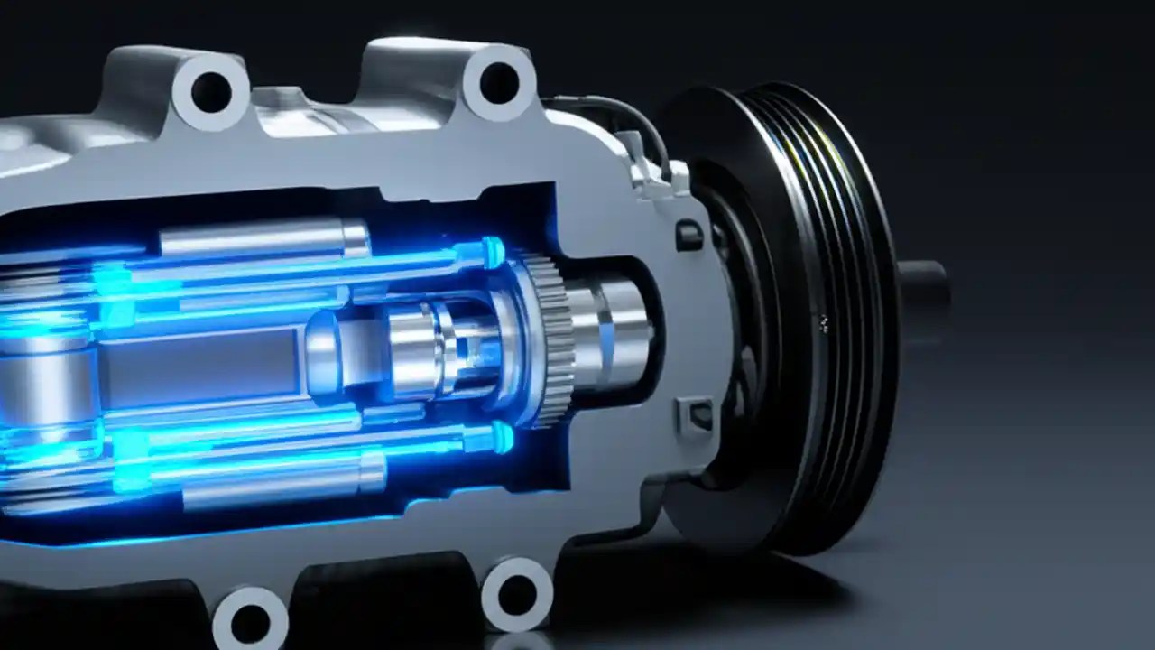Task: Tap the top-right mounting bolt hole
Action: coord(499,82)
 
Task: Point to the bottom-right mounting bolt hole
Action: coord(518,595)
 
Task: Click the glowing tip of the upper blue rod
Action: coord(492,252)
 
